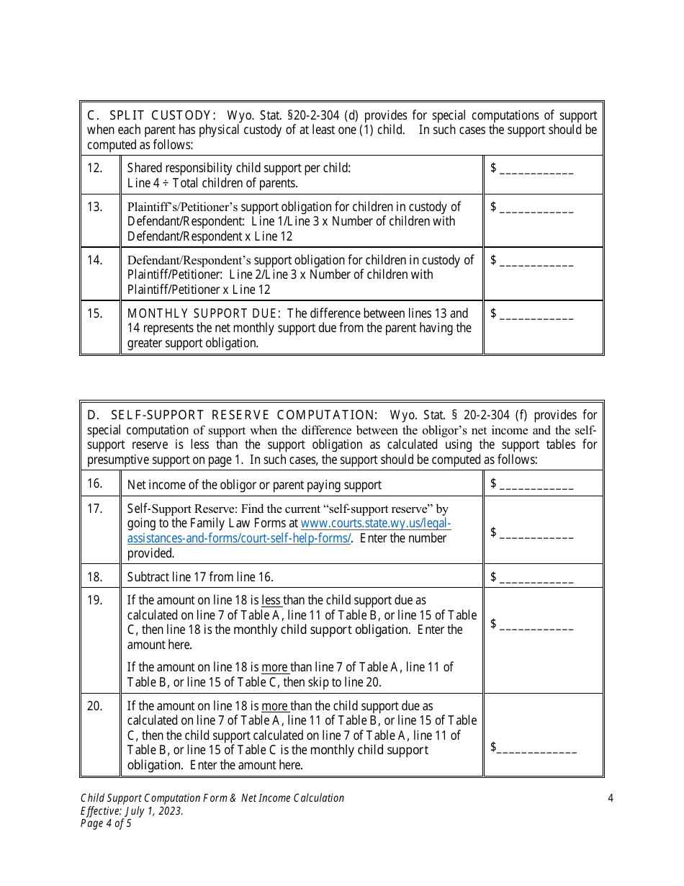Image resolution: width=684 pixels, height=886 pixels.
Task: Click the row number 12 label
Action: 95,168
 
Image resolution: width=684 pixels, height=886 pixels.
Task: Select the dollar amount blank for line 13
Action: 536,207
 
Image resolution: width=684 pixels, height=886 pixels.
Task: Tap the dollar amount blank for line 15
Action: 536,314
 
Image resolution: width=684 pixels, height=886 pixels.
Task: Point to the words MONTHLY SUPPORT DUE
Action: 204,313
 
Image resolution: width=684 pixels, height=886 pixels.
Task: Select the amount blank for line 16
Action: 536,484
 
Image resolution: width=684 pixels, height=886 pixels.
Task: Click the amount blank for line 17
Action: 536,533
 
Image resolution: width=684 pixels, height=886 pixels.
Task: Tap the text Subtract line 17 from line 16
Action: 200,577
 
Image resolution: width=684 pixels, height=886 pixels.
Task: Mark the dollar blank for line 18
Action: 536,577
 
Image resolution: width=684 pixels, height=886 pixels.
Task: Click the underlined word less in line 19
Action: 271,600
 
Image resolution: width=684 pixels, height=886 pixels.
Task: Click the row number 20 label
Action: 95,706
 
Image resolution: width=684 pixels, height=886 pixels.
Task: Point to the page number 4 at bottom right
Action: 610,798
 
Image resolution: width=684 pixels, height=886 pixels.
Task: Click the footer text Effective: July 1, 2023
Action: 132,811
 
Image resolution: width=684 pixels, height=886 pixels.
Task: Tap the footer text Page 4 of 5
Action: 106,823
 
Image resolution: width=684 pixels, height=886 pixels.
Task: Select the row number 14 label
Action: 95,260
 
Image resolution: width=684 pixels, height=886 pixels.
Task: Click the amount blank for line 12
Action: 536,169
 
